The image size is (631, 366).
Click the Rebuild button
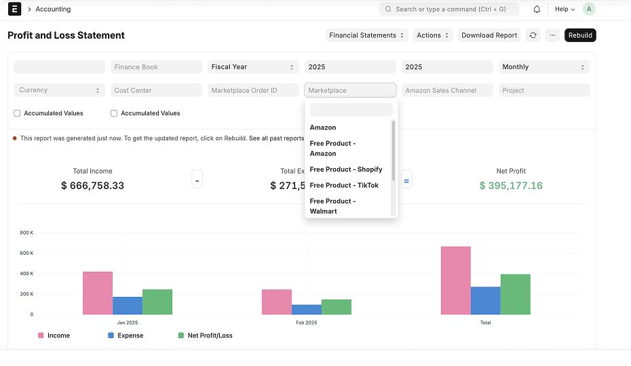580,35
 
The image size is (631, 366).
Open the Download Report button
489,35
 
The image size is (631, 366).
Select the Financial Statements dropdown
366,35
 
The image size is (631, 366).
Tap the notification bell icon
537,9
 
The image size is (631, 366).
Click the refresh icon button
533,35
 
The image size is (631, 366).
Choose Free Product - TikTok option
344,186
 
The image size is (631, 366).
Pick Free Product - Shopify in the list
346,169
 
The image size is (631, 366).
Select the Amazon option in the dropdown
323,127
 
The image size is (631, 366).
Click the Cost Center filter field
156,90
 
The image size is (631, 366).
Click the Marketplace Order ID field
253,90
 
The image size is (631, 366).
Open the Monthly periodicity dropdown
544,67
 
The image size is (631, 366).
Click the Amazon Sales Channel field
447,90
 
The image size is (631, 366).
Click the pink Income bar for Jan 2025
98,293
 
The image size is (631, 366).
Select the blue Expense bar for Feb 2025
307,310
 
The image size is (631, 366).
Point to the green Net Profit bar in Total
516,294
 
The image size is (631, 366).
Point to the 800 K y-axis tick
26,232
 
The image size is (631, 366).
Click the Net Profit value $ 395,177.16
511,186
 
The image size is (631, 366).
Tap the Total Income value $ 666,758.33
92,186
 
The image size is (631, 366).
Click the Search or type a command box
448,9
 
